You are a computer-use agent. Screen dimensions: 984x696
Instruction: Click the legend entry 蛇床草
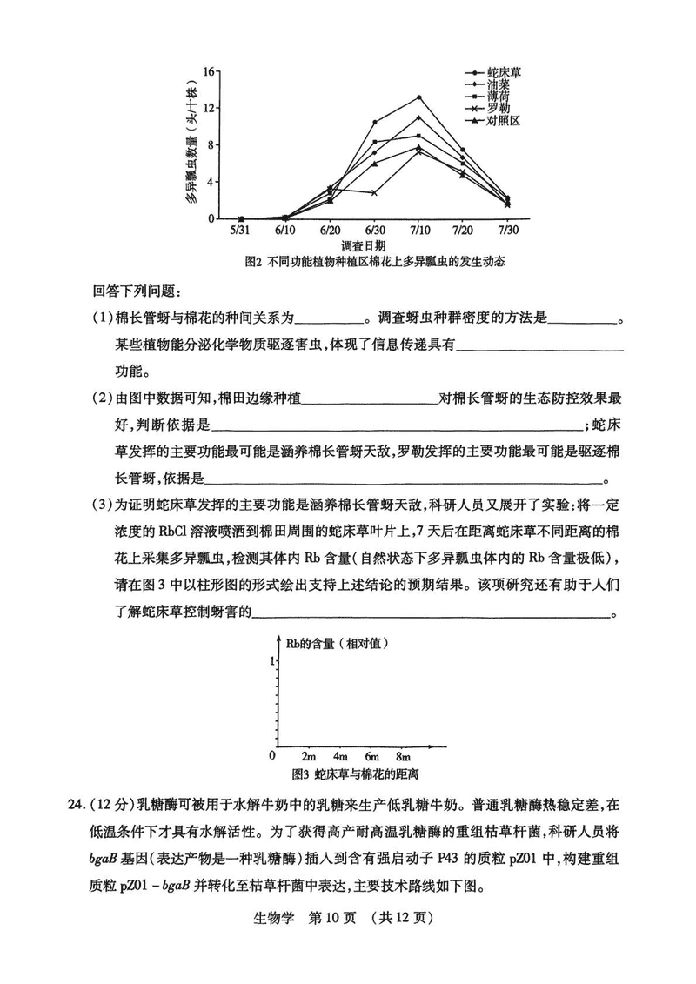[504, 73]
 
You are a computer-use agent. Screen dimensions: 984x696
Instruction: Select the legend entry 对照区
[504, 121]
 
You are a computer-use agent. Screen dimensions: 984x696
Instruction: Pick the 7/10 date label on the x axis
[418, 229]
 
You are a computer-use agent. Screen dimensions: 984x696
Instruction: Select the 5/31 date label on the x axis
[241, 229]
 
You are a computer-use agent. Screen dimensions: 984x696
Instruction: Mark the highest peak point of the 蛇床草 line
[418, 97]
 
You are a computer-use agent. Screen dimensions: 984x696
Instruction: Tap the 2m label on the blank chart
[308, 754]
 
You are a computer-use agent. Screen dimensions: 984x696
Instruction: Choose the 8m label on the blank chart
[403, 754]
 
